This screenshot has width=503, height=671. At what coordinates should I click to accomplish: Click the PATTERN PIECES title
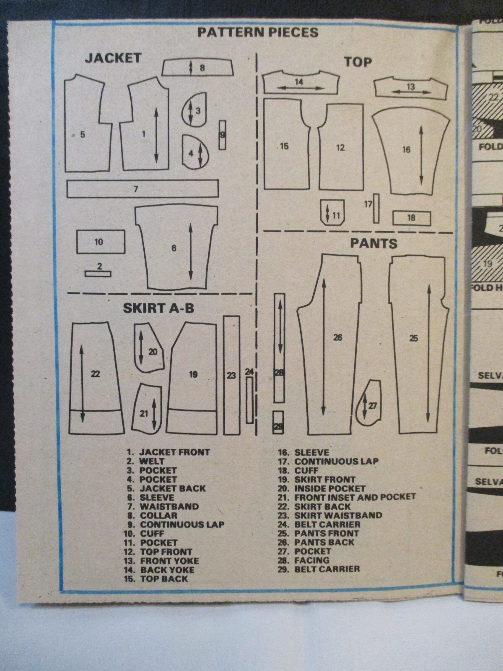[x=258, y=32]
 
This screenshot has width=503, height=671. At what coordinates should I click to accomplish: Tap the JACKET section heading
[x=113, y=58]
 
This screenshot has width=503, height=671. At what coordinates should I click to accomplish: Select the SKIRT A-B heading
[x=158, y=308]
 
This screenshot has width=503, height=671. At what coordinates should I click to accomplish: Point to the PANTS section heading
[x=373, y=243]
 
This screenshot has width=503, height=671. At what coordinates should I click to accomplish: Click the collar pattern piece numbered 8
[x=197, y=67]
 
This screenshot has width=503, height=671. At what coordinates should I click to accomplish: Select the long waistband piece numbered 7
[x=143, y=188]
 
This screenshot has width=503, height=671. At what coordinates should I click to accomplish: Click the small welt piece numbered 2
[x=98, y=274]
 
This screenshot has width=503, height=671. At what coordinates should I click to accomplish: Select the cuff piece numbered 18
[x=411, y=218]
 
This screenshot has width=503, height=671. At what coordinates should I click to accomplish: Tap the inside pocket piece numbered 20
[x=149, y=348]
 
